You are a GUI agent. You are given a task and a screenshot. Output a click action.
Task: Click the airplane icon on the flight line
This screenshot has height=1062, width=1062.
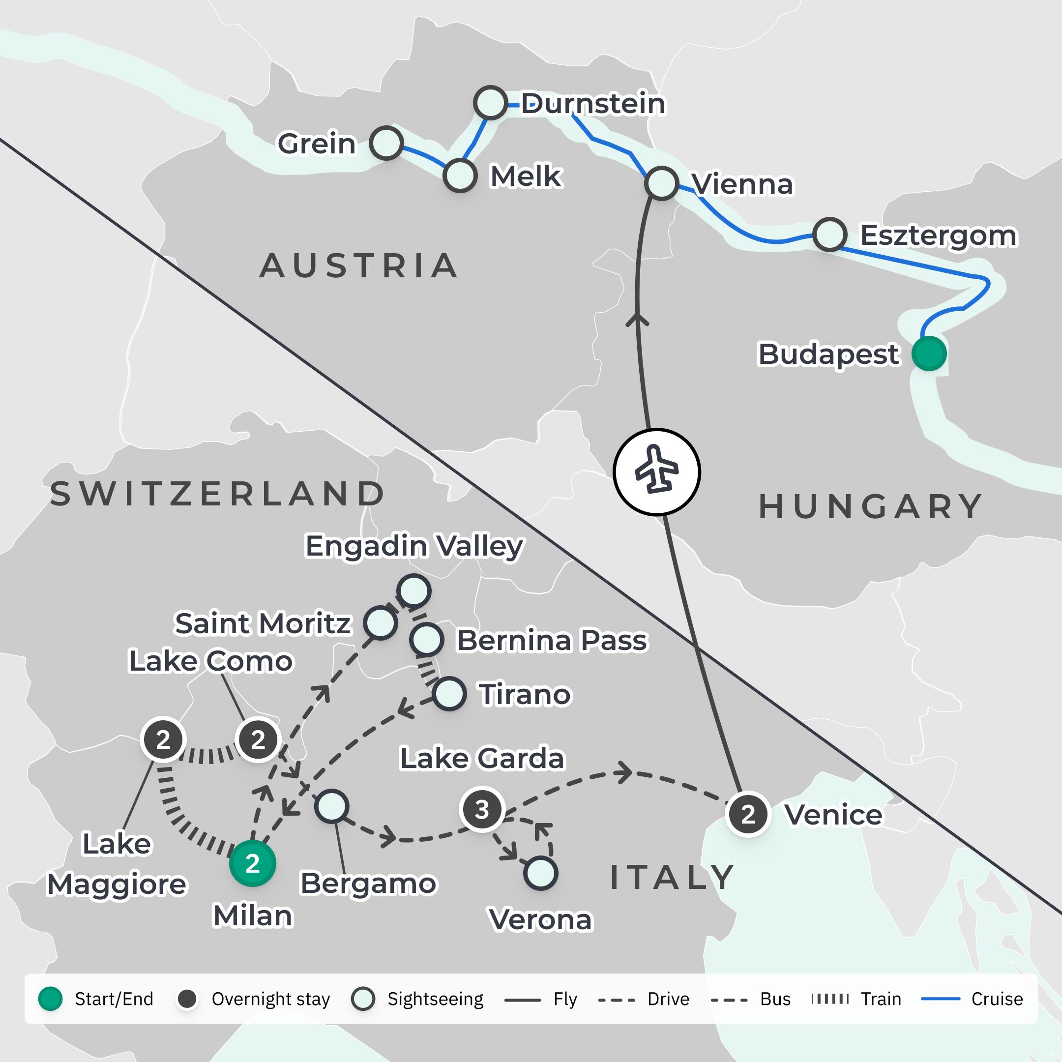(x=656, y=472)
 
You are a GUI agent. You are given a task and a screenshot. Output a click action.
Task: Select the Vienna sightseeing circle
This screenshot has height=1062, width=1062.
(x=661, y=183)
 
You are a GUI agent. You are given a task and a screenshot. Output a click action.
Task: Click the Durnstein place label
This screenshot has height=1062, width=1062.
(x=592, y=103)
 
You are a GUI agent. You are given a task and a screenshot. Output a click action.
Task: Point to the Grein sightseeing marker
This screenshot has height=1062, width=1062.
(x=386, y=143)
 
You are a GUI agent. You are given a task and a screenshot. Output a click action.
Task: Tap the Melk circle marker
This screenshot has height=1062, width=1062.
(x=460, y=176)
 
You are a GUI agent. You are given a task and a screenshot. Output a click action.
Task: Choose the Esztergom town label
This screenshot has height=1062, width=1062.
(x=938, y=236)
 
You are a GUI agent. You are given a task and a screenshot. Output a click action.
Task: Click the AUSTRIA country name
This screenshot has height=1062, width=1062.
(x=358, y=266)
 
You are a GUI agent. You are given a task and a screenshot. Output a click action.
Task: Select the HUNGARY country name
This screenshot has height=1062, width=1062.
(x=871, y=506)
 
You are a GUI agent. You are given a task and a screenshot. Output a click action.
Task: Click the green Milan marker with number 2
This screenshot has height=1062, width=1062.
(x=252, y=863)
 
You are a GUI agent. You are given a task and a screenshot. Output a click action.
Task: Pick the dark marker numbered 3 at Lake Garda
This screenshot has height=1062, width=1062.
(x=482, y=809)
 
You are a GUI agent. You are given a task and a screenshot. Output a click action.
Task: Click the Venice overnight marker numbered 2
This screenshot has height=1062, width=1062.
(x=747, y=815)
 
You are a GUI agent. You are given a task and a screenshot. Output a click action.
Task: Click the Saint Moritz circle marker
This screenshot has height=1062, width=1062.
(x=381, y=622)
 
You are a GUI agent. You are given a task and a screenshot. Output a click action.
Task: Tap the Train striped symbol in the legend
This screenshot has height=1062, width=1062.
(x=830, y=999)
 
